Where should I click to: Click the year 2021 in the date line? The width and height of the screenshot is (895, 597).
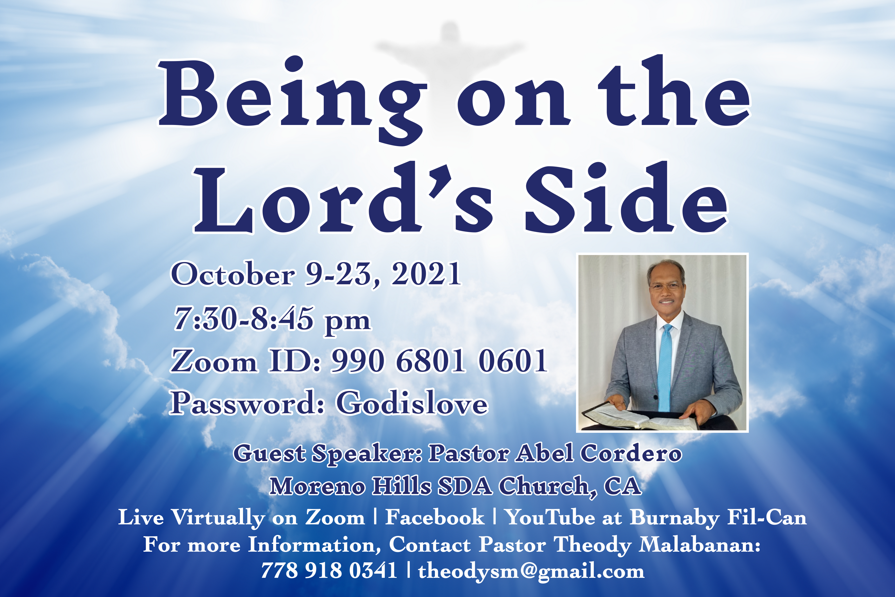[x=426, y=274]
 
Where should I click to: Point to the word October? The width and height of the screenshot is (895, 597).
[x=233, y=274]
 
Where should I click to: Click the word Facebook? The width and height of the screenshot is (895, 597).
[x=435, y=517]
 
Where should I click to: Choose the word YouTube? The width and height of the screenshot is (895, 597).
[x=550, y=517]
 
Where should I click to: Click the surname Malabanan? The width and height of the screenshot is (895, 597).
[x=699, y=544]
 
